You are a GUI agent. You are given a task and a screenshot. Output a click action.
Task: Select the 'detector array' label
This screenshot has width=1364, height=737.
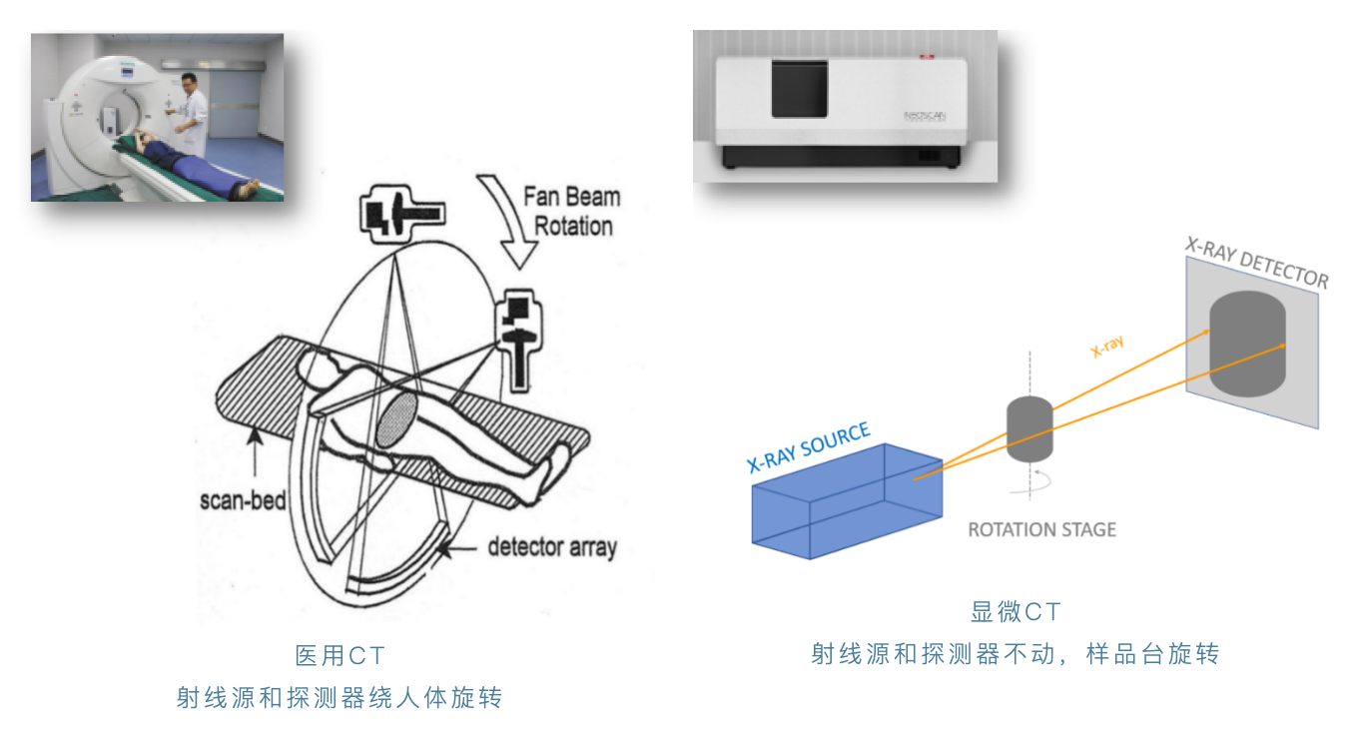coord(552,547)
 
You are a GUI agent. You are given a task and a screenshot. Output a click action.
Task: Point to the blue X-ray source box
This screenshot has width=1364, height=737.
coord(847,503)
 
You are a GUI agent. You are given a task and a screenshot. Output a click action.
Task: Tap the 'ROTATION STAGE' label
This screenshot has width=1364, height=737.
coord(1041,529)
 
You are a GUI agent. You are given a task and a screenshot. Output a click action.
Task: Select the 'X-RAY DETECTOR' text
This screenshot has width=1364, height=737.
coord(1256,262)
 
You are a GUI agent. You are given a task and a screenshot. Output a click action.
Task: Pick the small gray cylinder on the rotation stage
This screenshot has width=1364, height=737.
coord(1029,428)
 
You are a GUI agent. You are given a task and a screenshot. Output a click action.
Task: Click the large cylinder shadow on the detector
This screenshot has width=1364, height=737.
coord(1245,345)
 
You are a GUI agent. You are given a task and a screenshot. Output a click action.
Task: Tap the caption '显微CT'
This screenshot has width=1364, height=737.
coord(1016,612)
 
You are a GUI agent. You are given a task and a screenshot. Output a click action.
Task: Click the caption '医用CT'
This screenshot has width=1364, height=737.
coord(340,656)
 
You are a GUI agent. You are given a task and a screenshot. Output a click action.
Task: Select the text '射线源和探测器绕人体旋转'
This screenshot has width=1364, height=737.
coord(340,697)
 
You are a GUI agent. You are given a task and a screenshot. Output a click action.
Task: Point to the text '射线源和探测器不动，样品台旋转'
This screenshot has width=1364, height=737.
coord(1016,655)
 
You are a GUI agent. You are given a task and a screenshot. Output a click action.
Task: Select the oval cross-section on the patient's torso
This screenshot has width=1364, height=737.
coord(397,417)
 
